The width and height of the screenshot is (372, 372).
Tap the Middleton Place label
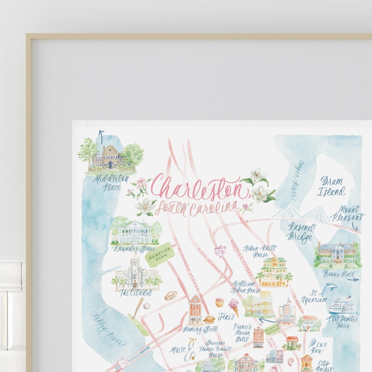pyautogui.click(x=111, y=181)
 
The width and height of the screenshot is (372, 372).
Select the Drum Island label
pyautogui.click(x=332, y=186)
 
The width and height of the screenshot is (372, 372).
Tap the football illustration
pyautogui.click(x=171, y=296)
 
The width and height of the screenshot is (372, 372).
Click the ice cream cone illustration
pyautogui.click(x=233, y=307)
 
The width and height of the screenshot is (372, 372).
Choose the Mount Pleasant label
pyautogui.click(x=347, y=214)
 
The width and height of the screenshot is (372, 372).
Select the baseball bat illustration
pyautogui.click(x=137, y=308)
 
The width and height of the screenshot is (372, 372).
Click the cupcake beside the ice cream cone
pyautogui.click(x=219, y=303)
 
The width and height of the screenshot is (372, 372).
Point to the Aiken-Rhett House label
pyautogui.click(x=260, y=250)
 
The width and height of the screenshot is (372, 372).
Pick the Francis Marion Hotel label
pyautogui.click(x=243, y=332)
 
